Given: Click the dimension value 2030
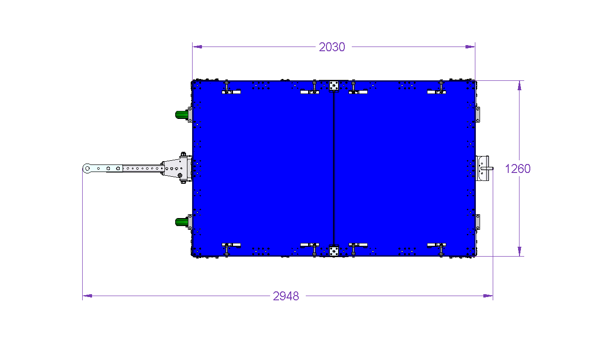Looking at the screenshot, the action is point(332,47).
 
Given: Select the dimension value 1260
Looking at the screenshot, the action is point(518,169).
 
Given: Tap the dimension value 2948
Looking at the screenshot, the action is point(286,296).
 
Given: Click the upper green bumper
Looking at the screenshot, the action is point(182,115).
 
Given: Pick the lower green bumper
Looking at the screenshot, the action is point(182,222).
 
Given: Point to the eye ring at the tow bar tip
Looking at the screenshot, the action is point(87,169).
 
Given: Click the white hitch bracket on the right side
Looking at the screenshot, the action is point(483,169).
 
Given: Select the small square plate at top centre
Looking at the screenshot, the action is point(334,86).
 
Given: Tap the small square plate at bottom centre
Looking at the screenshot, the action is point(334,251).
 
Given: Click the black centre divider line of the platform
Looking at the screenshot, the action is point(334,169).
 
